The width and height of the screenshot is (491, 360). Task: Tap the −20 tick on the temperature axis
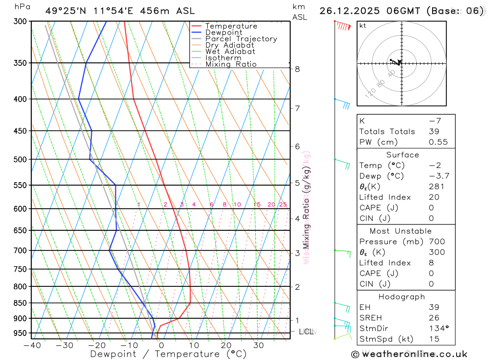(x=96, y=345)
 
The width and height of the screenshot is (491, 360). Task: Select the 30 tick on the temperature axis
(x=258, y=345)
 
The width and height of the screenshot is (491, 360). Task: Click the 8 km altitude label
(x=298, y=69)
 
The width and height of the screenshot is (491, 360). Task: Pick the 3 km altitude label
(x=298, y=253)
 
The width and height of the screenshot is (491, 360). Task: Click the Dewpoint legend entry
(x=224, y=32)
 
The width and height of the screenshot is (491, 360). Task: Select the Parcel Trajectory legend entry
(x=241, y=39)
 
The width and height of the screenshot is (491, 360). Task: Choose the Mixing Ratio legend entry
(x=231, y=64)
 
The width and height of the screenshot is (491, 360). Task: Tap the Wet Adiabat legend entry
(x=230, y=52)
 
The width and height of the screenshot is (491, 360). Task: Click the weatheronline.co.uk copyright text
(x=409, y=354)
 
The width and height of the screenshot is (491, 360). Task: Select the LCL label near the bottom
(x=305, y=332)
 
